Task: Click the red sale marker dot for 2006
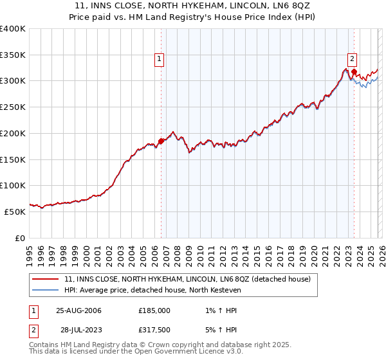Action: pos(161,141)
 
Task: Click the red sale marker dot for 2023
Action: pos(354,71)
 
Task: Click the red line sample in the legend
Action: pos(46,279)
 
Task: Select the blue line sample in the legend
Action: pos(46,289)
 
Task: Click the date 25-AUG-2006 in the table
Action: pos(78,310)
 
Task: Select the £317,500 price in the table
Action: pos(154,329)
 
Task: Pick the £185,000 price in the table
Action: pos(154,310)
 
